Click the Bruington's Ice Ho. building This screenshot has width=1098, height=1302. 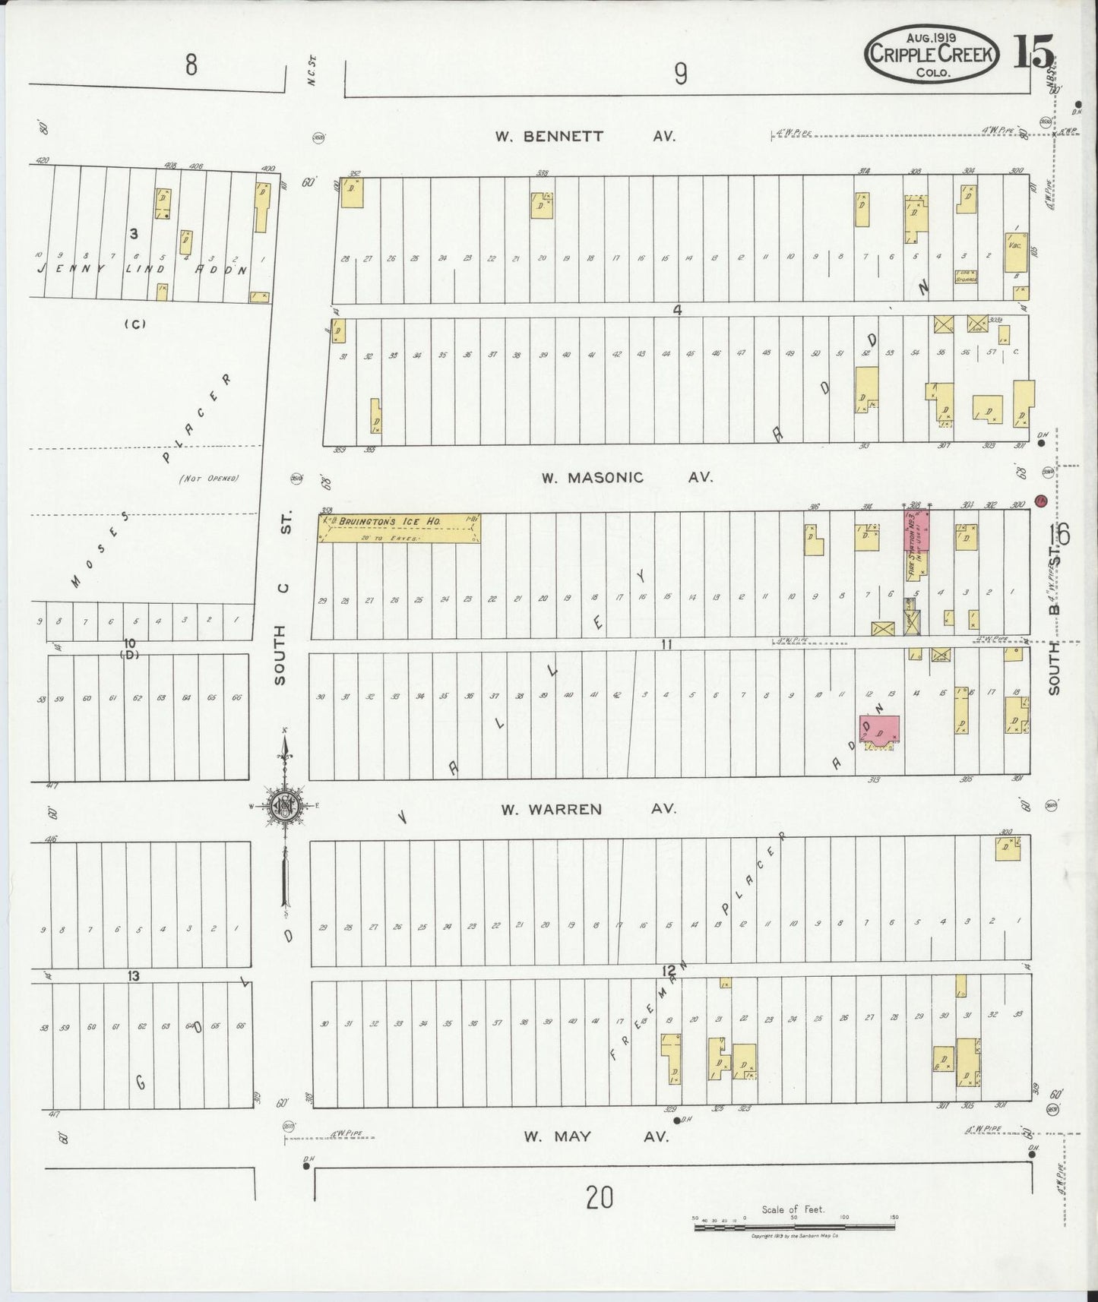pyautogui.click(x=400, y=527)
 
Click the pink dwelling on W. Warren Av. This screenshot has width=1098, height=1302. pyautogui.click(x=879, y=729)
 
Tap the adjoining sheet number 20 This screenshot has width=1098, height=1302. pyautogui.click(x=599, y=1198)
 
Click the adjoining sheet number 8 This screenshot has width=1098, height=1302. pyautogui.click(x=190, y=66)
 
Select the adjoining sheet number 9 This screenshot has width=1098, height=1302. pyautogui.click(x=680, y=74)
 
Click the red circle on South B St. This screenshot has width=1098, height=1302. pyautogui.click(x=1041, y=501)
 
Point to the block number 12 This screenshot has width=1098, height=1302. pyautogui.click(x=668, y=971)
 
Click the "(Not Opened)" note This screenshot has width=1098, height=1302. pyautogui.click(x=209, y=479)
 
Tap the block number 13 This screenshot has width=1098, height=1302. pyautogui.click(x=134, y=975)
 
